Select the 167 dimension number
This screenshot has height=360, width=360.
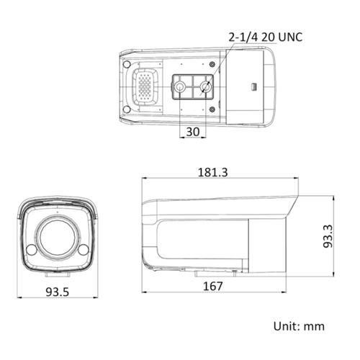coord(211,287)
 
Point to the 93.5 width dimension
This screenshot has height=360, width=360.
coord(56,293)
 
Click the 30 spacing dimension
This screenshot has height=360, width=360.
coord(193,132)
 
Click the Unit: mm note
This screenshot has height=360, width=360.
coord(299,326)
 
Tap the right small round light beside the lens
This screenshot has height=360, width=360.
coord(83,250)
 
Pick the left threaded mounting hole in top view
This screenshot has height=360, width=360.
coord(179,88)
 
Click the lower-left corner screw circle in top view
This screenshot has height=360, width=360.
coord(128,109)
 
